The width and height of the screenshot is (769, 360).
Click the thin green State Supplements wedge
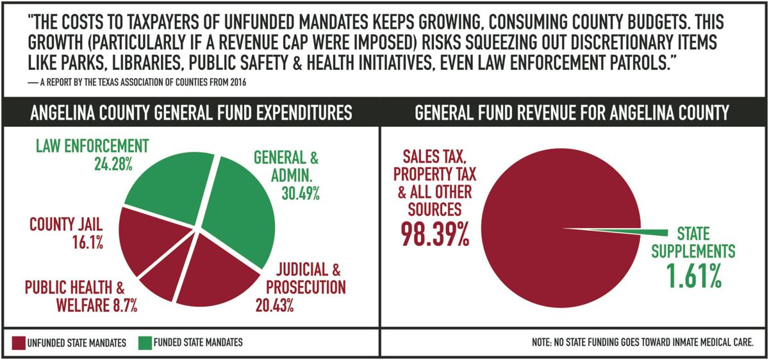[x=634, y=232]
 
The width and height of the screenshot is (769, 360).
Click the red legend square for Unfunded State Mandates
[x=18, y=343]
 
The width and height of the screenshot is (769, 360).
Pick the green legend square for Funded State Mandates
[x=144, y=343]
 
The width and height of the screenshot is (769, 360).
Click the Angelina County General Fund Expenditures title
[x=192, y=113]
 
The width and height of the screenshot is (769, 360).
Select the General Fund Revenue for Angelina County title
[x=572, y=113]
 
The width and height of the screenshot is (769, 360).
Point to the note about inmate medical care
[x=642, y=343]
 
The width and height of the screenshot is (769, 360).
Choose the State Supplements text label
[x=693, y=242]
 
